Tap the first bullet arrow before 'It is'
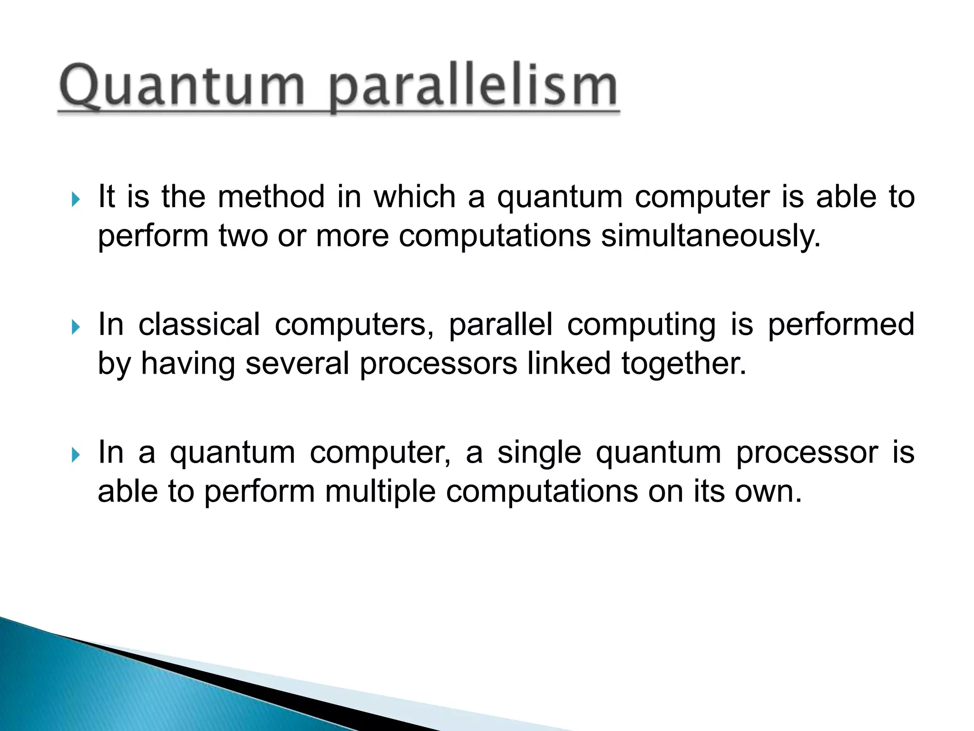[x=76, y=199]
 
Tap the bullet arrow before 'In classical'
[x=76, y=327]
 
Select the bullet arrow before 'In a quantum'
[x=76, y=455]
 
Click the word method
[x=271, y=197]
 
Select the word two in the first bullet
[x=243, y=236]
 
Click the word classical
[x=199, y=325]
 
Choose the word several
[x=297, y=364]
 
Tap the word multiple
[x=380, y=493]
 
